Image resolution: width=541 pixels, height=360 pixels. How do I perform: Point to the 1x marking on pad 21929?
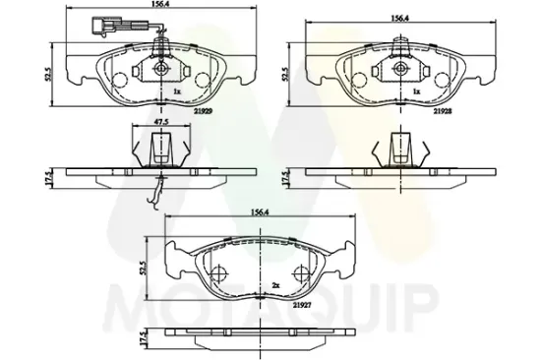point(177,91)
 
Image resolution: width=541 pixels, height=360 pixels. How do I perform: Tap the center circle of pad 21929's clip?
point(161,69)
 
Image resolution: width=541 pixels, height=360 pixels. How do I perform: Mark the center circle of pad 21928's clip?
point(402,69)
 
